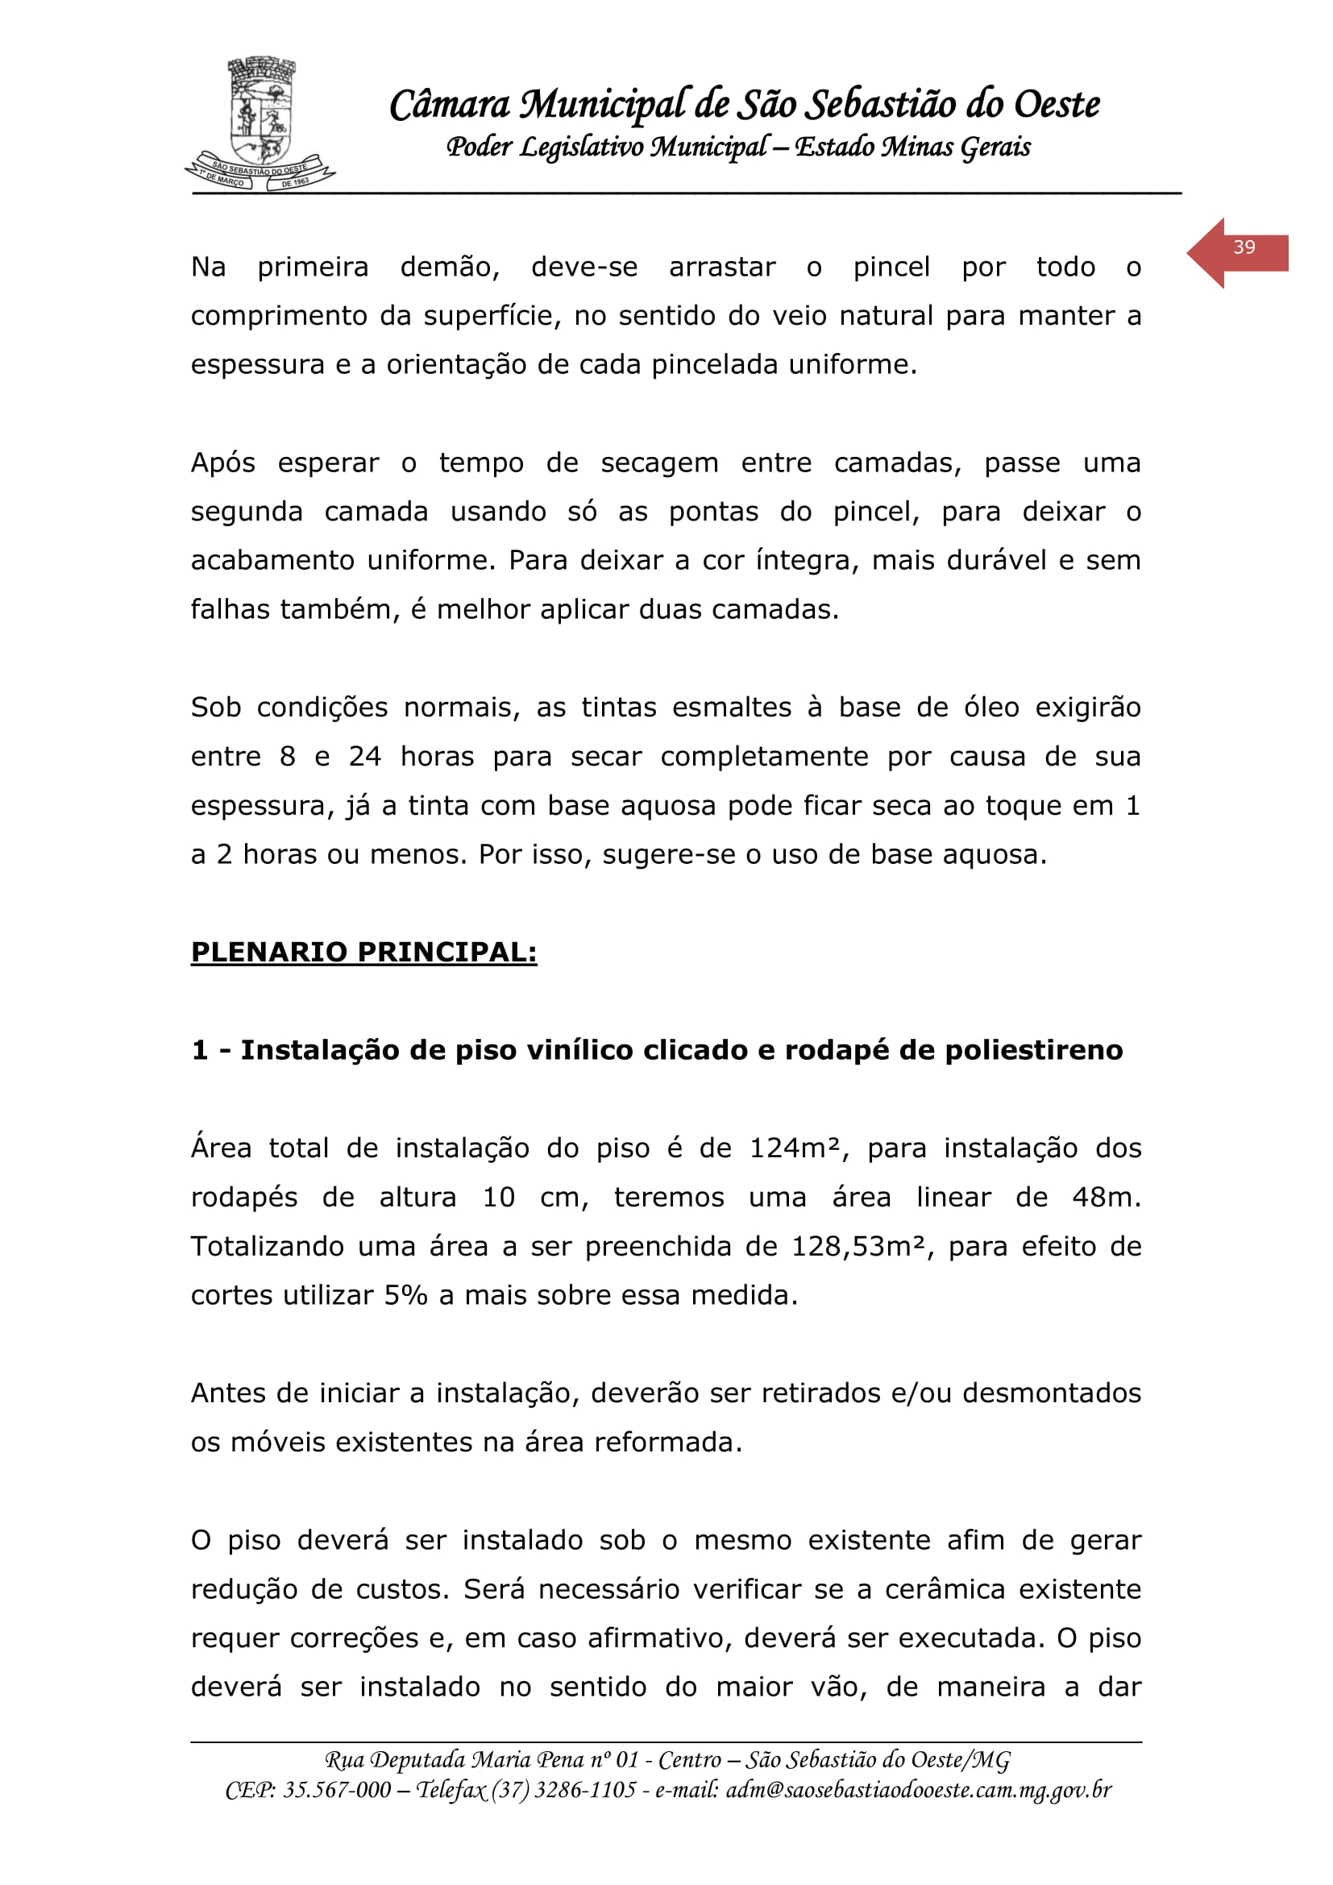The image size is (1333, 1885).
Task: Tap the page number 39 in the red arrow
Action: tap(1244, 248)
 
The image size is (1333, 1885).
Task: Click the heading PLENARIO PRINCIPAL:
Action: tap(363, 953)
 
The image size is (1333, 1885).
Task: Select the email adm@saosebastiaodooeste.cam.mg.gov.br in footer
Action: tap(919, 1790)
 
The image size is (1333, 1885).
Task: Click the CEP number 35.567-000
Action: tap(337, 1790)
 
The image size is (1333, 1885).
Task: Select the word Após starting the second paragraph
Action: tap(222, 464)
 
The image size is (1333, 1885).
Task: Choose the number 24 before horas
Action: tap(364, 757)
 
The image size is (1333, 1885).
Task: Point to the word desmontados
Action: tap(1052, 1394)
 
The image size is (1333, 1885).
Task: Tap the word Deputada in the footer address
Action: tap(415, 1760)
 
